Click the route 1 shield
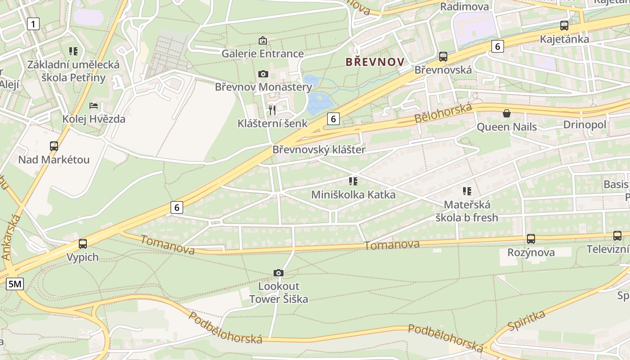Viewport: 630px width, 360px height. [x=33, y=23]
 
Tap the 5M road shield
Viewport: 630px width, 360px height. [x=15, y=284]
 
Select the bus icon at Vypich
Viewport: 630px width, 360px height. [x=83, y=244]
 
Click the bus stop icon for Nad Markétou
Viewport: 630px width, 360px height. [x=54, y=146]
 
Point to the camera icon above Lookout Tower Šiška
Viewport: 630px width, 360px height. [x=279, y=273]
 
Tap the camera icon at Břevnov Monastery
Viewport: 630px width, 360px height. [x=263, y=74]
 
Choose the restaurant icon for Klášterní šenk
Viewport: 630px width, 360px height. [x=272, y=110]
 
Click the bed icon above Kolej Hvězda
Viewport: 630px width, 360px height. [x=94, y=106]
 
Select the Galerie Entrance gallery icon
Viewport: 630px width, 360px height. [x=263, y=41]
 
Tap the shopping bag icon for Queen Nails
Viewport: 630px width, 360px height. [x=507, y=113]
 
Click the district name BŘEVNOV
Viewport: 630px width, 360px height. [x=375, y=62]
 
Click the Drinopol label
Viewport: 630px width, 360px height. [x=585, y=125]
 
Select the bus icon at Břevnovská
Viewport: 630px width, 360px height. [x=443, y=57]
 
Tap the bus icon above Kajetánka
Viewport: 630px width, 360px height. [x=564, y=26]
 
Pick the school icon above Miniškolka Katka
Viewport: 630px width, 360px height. [x=353, y=181]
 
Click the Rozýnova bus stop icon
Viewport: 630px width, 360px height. [x=531, y=239]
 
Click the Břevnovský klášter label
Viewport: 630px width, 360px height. [x=319, y=150]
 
